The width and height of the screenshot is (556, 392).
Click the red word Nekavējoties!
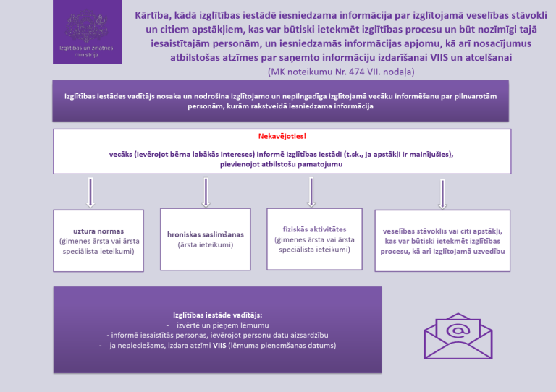click(x=282, y=136)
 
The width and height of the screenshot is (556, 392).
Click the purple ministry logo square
click(x=87, y=32)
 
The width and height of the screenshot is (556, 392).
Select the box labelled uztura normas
click(x=98, y=241)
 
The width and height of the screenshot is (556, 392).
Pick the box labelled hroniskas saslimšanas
click(x=206, y=239)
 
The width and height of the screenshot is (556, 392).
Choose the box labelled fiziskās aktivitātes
click(x=314, y=239)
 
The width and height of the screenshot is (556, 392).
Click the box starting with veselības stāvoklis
click(x=442, y=241)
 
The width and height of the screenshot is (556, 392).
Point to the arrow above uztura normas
click(x=90, y=192)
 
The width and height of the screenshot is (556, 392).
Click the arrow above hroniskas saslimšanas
click(x=206, y=192)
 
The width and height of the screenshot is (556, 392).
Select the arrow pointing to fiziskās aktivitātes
click(x=311, y=192)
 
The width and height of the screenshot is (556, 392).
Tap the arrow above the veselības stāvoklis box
click(x=442, y=194)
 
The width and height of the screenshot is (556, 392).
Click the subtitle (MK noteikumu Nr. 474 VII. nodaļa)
click(x=341, y=72)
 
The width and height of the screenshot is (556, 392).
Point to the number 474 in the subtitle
click(x=356, y=72)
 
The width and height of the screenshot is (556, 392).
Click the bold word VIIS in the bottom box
click(x=219, y=345)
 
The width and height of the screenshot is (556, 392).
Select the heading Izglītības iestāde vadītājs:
click(x=218, y=315)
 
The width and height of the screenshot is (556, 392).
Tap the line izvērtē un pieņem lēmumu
click(x=223, y=325)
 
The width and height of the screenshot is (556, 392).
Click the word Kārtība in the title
click(x=150, y=16)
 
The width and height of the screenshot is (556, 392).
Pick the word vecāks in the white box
click(x=120, y=154)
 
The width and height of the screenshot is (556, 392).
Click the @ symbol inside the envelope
click(x=458, y=331)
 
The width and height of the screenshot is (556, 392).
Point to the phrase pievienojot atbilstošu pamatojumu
click(x=281, y=164)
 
